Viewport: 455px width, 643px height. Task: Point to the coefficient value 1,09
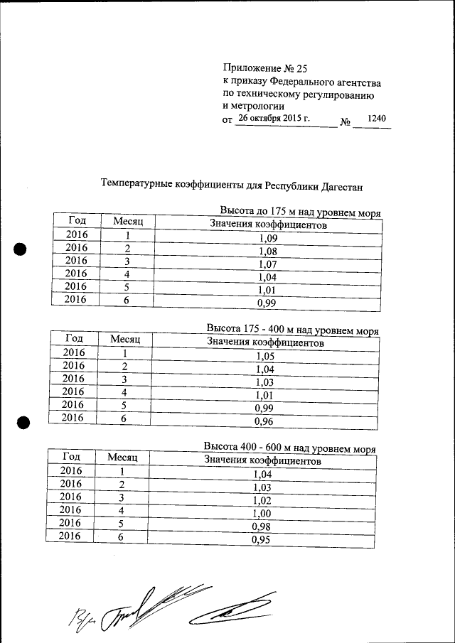(268, 239)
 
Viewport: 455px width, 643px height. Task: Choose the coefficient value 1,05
(265, 357)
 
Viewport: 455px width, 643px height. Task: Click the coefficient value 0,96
(264, 421)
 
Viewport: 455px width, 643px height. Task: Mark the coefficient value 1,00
(262, 514)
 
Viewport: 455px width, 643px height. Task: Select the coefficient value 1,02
(263, 502)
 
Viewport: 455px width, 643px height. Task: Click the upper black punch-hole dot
(21, 250)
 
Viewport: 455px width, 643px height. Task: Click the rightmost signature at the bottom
(231, 610)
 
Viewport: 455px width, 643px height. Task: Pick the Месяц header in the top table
(129, 222)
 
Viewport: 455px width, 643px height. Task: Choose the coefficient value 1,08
(268, 252)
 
